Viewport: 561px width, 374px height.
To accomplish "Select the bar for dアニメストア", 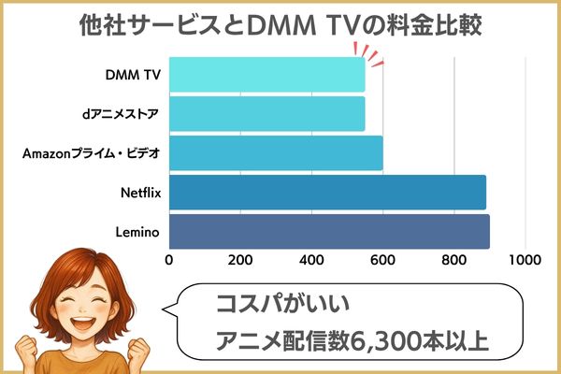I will [266, 114].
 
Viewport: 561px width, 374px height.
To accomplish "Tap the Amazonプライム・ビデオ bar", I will [276, 153].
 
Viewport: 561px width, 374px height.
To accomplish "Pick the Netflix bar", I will [327, 193].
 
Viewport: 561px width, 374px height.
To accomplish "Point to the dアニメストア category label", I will [121, 114].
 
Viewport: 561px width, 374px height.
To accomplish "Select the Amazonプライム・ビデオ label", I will [89, 153].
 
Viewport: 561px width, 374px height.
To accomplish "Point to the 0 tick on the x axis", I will [169, 260].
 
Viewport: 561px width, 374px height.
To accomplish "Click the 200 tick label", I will [240, 260].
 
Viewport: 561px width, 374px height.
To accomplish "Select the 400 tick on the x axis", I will [311, 260].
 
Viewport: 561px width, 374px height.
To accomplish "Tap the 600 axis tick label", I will [382, 260].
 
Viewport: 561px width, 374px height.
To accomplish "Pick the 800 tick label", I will [453, 260].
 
